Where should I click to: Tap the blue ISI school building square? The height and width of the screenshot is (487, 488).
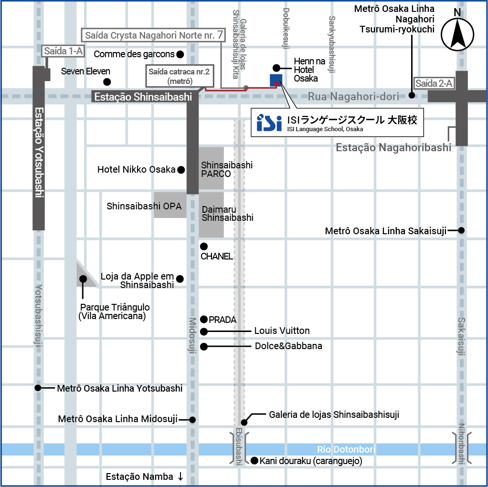[x=276, y=80]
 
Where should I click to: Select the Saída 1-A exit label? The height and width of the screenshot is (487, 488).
[x=63, y=51]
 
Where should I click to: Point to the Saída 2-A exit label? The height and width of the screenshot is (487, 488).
[x=434, y=83]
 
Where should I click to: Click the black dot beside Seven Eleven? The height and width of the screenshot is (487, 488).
[x=107, y=82]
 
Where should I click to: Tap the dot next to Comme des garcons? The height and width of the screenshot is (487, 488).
[x=180, y=54]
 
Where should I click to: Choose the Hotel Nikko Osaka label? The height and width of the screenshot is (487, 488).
[x=136, y=169]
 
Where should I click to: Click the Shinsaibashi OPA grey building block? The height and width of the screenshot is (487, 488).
[x=170, y=205]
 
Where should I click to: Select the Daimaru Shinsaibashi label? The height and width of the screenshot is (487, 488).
[x=227, y=213]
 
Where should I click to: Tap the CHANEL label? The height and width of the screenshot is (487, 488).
[x=217, y=256]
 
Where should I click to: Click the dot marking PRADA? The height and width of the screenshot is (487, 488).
[x=204, y=319]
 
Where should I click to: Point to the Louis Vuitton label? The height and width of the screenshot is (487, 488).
[x=282, y=331]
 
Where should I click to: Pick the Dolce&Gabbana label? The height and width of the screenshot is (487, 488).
[x=288, y=346]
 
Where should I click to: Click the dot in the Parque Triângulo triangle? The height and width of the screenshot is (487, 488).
[x=83, y=279]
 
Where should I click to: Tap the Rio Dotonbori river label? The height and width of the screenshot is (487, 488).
[x=346, y=449]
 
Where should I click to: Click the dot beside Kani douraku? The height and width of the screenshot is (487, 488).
[x=255, y=461]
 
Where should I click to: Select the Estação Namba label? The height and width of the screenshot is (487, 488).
[x=139, y=477]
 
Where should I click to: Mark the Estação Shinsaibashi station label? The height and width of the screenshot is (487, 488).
[x=143, y=97]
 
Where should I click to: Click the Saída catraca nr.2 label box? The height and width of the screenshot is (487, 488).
[x=180, y=76]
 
